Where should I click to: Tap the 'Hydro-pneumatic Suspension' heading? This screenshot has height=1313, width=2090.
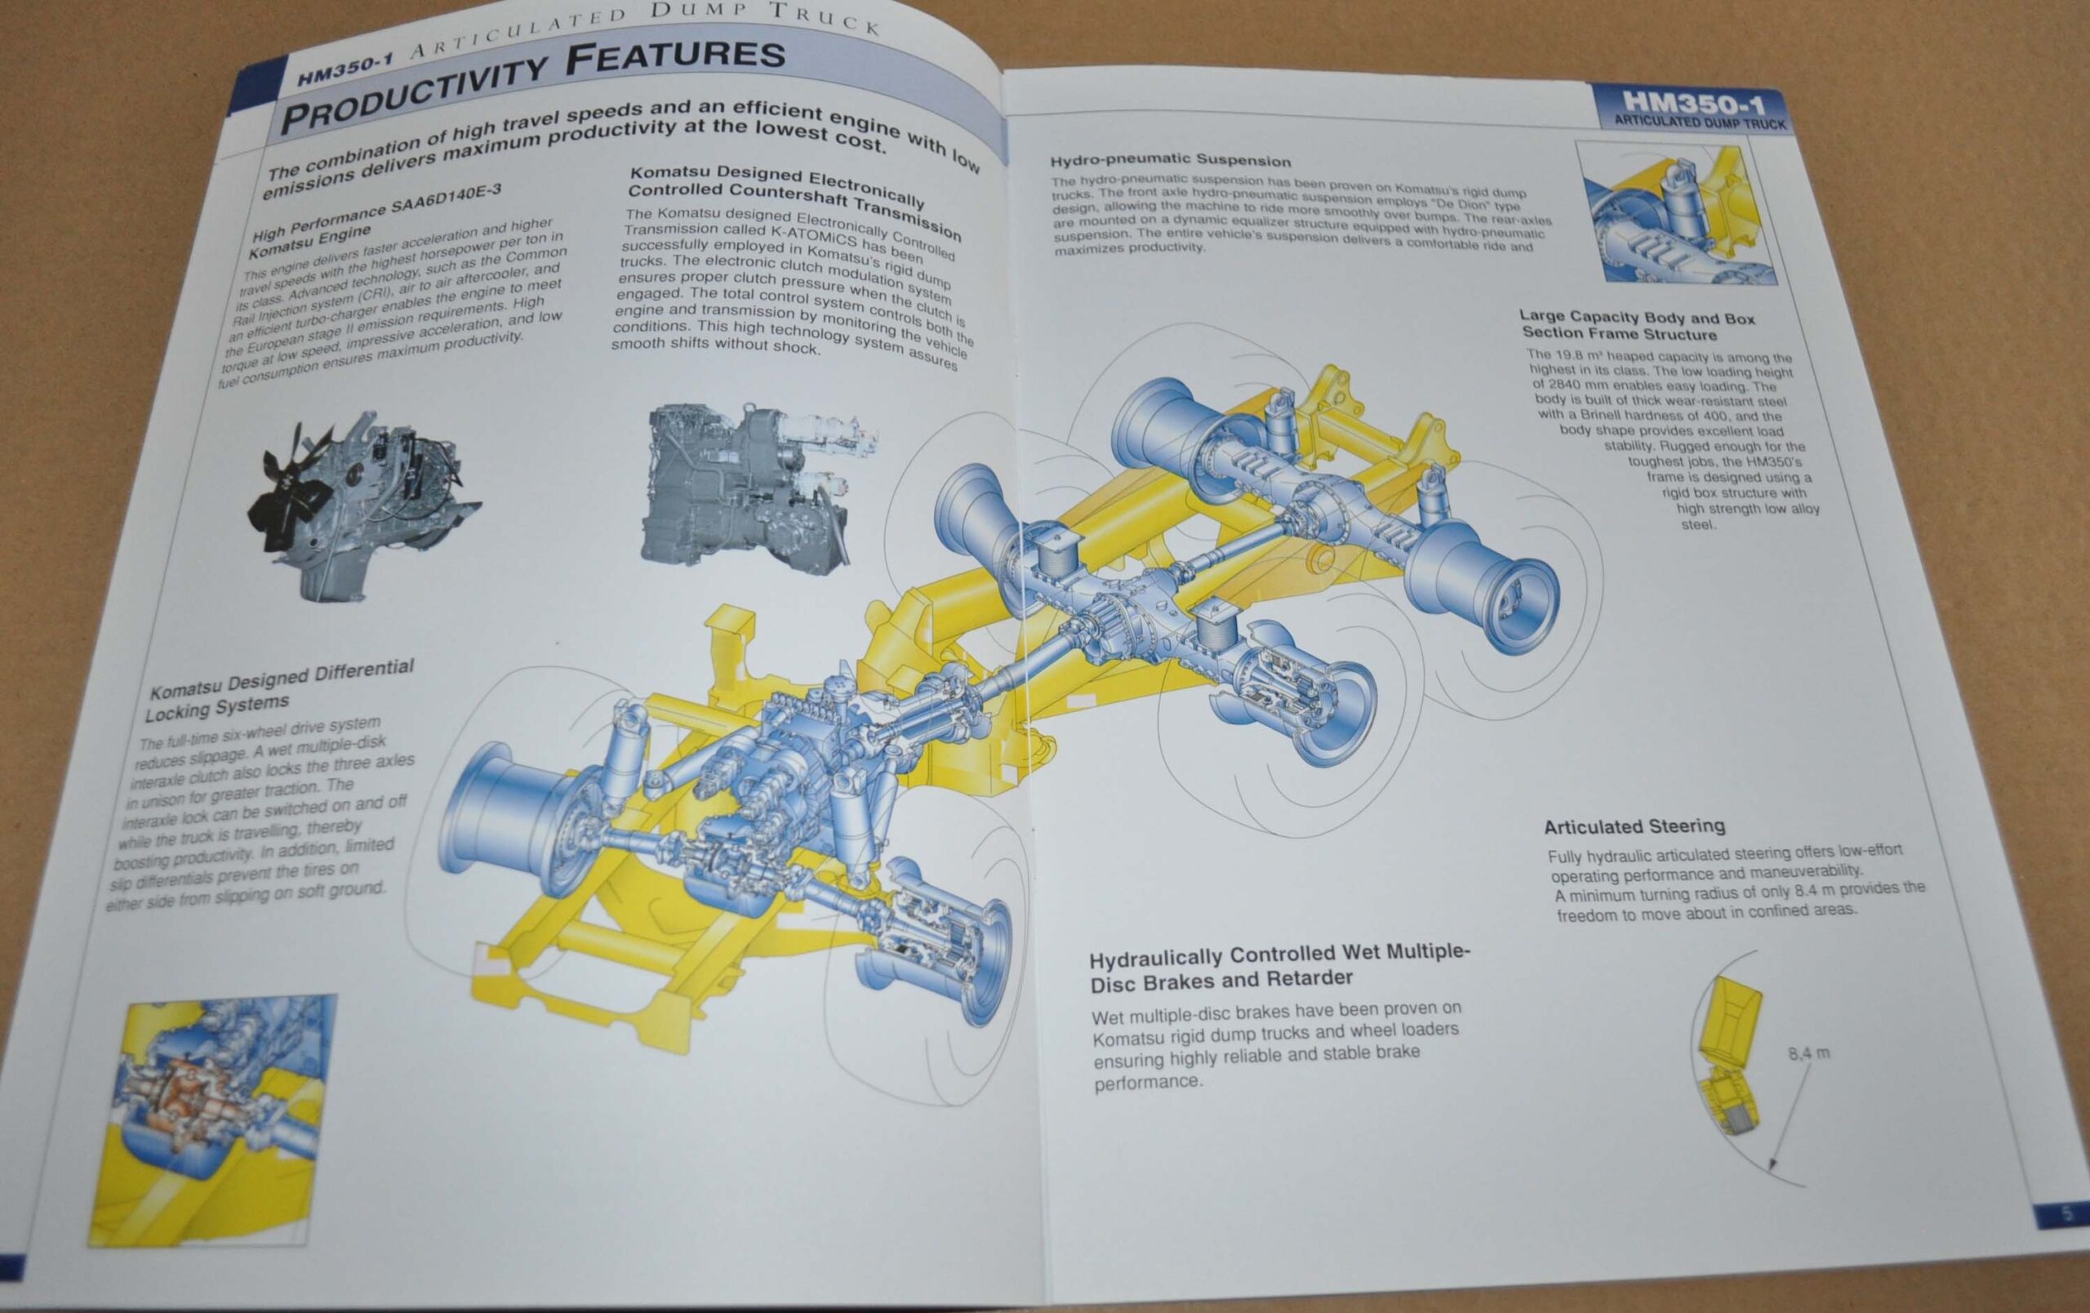1170,161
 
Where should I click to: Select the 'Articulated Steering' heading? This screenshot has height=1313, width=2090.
1634,826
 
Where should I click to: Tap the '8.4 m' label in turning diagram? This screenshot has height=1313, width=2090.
1809,1053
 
